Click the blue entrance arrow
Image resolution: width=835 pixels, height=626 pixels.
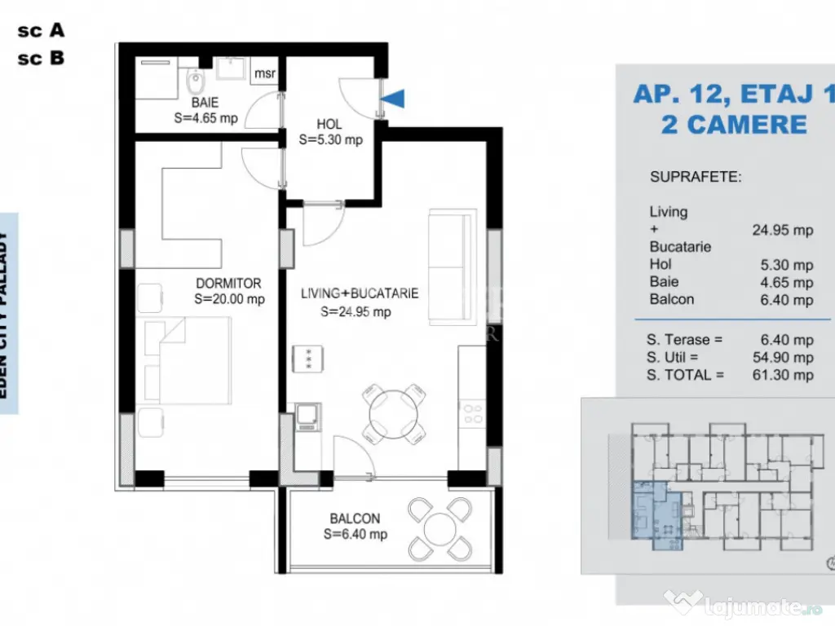(x=395, y=98)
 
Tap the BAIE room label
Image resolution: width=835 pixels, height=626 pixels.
(x=205, y=104)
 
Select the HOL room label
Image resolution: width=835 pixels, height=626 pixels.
(x=329, y=125)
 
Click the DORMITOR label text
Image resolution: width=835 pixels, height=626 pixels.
(x=228, y=284)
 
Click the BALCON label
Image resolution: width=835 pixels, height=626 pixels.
(x=355, y=518)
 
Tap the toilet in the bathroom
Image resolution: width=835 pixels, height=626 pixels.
(x=195, y=81)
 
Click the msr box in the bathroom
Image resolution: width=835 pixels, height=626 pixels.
(x=265, y=73)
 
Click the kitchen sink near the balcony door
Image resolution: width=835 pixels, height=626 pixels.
(x=307, y=417)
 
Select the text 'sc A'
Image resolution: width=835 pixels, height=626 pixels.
(x=41, y=30)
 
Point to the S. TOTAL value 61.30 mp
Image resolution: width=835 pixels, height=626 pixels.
(x=782, y=375)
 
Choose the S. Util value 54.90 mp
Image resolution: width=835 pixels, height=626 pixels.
(x=782, y=357)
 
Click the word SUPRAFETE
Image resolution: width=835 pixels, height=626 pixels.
(x=696, y=177)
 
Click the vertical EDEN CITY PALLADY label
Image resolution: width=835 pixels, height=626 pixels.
(x=7, y=314)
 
